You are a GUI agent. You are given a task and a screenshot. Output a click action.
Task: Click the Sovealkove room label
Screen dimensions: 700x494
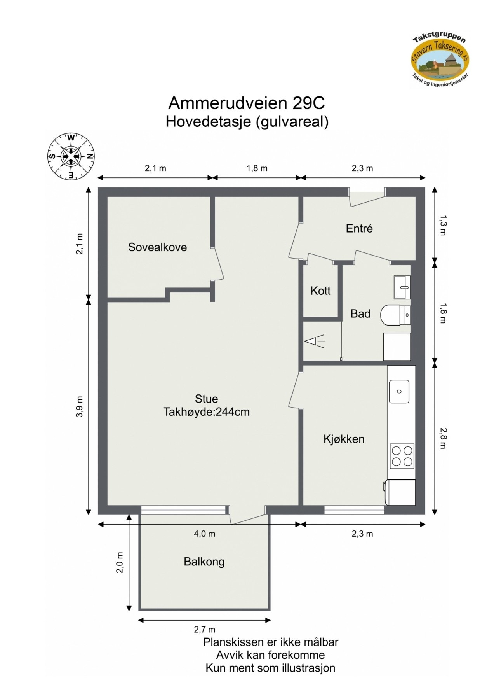click(157, 247)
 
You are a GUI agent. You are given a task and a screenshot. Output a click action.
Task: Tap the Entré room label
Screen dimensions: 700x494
click(359, 228)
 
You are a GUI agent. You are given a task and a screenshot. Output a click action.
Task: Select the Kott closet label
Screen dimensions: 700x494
click(320, 290)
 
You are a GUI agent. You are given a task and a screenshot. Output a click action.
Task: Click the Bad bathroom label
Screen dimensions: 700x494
click(360, 313)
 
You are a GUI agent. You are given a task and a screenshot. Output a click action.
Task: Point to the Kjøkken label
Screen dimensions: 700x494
click(344, 439)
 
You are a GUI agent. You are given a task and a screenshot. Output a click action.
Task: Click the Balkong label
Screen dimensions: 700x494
click(204, 562)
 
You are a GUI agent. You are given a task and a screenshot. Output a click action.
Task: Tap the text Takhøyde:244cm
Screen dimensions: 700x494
click(206, 412)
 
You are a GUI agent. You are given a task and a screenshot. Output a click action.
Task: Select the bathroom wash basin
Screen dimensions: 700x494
click(402, 287)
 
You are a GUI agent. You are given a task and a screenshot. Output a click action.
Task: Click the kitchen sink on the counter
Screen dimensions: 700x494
click(399, 391)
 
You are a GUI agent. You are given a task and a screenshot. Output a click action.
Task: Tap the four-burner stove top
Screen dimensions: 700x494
click(402, 456)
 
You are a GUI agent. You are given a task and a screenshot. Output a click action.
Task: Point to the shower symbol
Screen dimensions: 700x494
click(315, 341)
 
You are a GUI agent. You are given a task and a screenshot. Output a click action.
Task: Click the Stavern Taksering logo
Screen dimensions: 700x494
click(440, 60)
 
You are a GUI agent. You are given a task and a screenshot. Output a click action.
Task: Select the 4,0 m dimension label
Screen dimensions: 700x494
click(204, 534)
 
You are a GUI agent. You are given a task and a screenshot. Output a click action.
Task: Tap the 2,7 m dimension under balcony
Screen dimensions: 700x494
click(204, 630)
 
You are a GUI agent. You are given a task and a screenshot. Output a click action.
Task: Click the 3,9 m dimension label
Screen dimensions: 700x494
click(80, 407)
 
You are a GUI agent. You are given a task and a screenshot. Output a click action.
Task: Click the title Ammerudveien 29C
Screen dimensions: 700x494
click(247, 103)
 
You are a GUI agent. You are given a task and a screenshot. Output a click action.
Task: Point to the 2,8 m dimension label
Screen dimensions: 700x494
click(443, 438)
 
